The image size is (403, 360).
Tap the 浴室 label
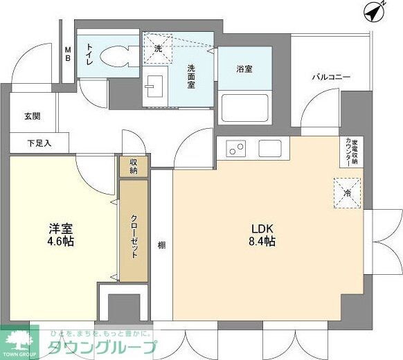243,69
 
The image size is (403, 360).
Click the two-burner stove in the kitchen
236,148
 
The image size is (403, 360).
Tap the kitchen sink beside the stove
269,148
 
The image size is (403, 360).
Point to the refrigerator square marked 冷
346,192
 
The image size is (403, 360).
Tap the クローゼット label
134,235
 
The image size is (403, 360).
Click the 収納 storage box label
133,166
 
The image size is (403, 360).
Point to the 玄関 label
33,116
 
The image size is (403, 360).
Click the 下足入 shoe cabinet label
39,144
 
